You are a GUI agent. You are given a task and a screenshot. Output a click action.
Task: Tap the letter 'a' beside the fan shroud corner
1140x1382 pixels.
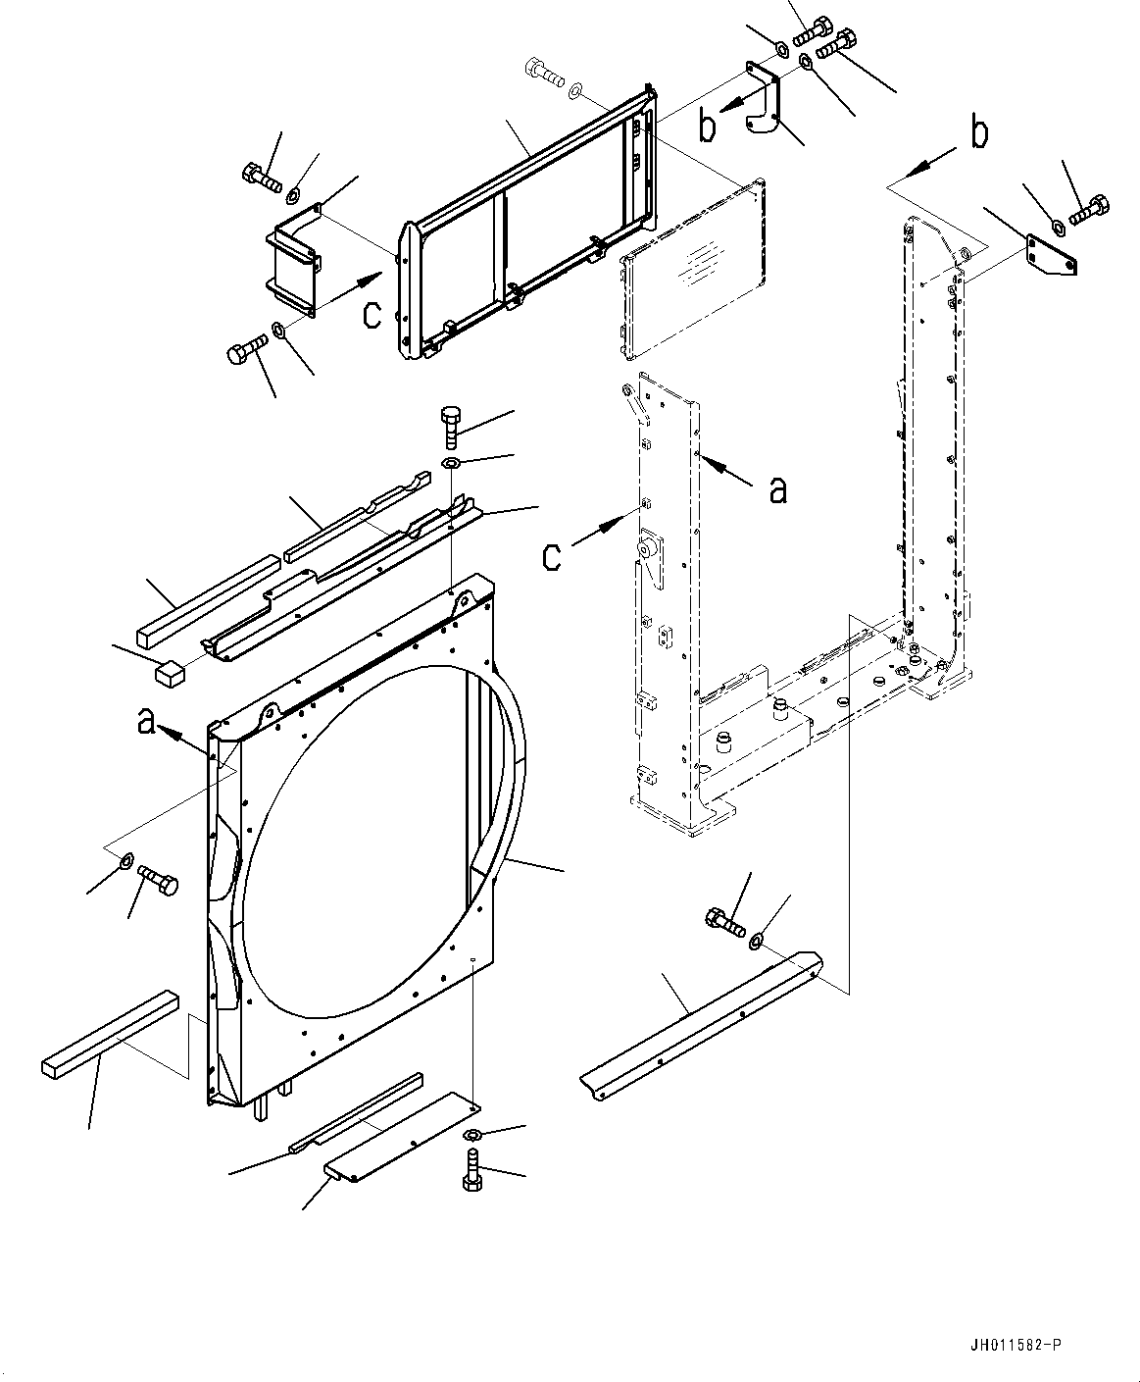(146, 722)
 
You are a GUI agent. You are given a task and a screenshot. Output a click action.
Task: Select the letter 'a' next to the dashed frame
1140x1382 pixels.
(777, 489)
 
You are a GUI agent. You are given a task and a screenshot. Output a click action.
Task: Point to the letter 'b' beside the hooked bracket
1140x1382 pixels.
(707, 126)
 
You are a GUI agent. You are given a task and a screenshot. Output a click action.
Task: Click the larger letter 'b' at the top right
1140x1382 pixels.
(979, 133)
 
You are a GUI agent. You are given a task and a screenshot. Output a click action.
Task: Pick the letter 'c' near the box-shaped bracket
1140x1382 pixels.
(372, 314)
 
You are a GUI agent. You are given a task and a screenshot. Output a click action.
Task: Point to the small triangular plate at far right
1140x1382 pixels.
(1051, 256)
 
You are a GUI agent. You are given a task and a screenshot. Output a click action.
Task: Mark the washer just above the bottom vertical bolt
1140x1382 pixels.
(471, 1136)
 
